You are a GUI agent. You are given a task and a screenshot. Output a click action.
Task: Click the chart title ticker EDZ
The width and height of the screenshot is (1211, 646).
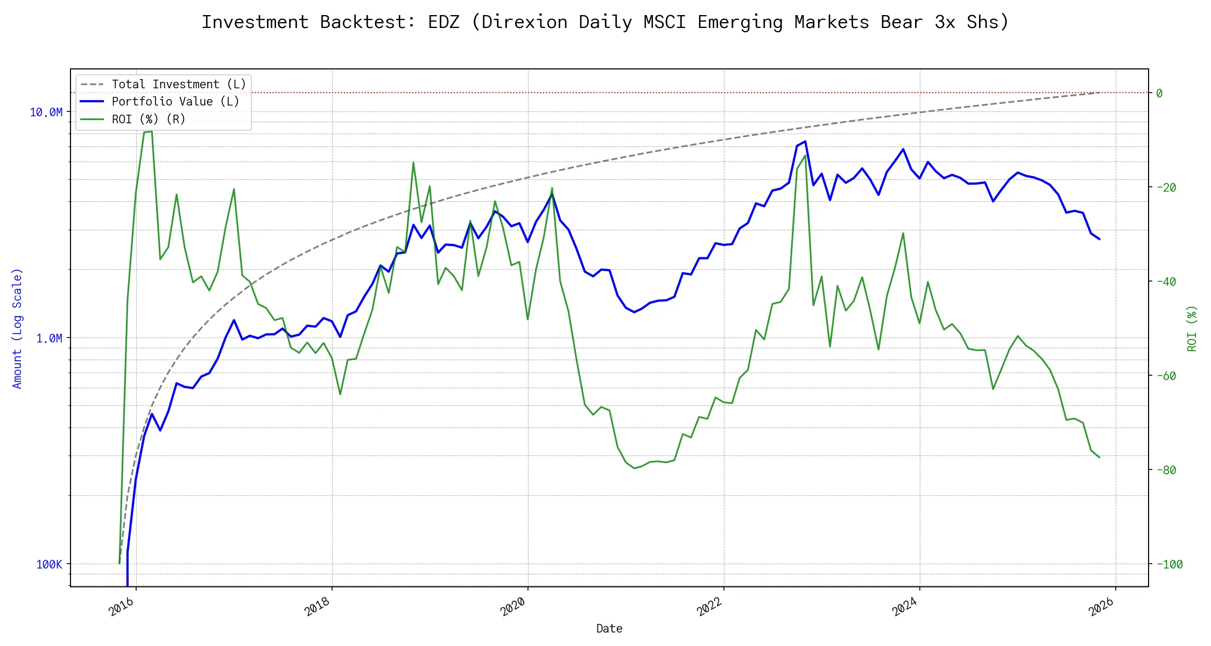[443, 22]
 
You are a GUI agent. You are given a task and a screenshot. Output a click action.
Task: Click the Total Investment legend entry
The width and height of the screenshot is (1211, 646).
[179, 85]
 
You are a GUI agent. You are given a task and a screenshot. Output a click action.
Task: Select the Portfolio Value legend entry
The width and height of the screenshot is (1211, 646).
[175, 102]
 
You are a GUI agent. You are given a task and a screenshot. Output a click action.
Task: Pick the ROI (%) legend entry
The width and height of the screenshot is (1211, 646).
[149, 119]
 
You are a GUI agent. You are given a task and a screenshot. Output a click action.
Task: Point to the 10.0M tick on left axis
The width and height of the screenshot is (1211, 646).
[46, 112]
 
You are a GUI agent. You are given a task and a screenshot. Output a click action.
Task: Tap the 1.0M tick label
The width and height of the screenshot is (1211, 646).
[49, 338]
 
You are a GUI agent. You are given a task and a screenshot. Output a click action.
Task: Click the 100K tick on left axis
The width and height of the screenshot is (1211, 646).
[49, 564]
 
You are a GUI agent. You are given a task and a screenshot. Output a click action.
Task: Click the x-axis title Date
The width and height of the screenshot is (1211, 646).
[609, 629]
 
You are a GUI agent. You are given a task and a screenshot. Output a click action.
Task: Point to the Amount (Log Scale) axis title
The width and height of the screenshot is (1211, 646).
[17, 328]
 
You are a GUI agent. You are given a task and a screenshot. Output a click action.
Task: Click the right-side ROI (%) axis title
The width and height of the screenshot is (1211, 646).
[1192, 328]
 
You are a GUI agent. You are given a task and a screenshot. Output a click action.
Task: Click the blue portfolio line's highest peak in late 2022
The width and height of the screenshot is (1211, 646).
[805, 142]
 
